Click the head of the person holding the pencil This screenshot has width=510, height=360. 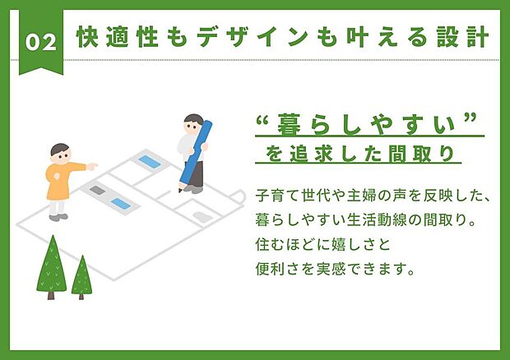(192, 123)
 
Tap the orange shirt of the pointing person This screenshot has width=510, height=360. (60, 181)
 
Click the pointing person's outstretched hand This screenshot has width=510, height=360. (93, 165)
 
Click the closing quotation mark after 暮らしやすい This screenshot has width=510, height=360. (471, 122)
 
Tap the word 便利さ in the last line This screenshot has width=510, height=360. (276, 268)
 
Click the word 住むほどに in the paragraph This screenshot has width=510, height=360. (291, 244)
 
